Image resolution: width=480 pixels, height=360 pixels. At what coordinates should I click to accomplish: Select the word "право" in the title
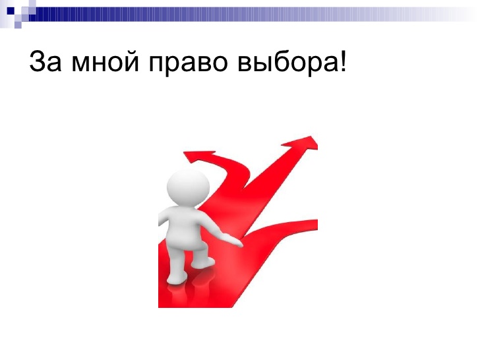tap(189, 64)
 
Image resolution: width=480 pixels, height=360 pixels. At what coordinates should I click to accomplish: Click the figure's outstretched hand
tap(232, 240)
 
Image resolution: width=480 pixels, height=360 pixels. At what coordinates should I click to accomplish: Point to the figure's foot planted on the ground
tap(177, 278)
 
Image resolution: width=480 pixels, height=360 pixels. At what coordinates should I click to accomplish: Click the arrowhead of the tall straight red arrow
tap(301, 144)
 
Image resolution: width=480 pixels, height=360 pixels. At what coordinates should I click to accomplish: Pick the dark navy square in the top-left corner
tap(11, 11)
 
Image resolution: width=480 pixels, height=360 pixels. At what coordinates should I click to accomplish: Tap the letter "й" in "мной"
tap(131, 61)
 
